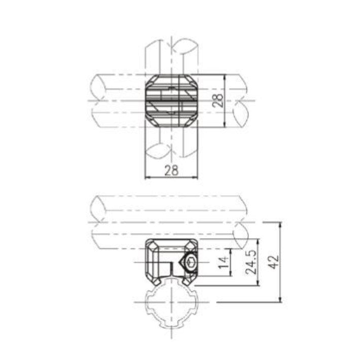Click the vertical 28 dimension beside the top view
[218, 100]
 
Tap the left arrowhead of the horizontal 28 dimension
[148, 177]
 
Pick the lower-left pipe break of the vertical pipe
[157, 151]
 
